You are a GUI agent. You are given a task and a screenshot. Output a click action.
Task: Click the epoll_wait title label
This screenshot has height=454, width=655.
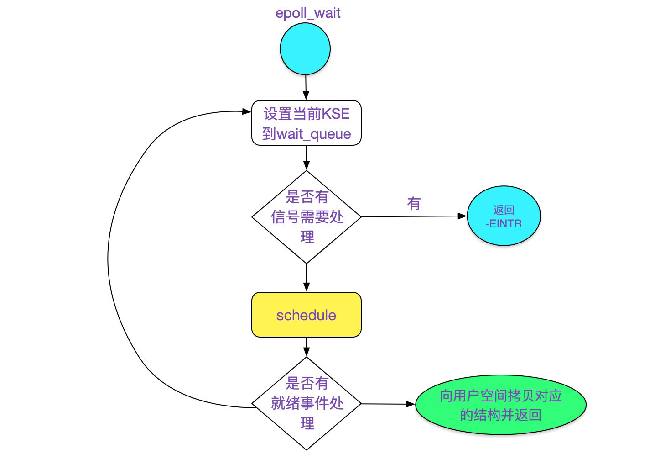point(307,13)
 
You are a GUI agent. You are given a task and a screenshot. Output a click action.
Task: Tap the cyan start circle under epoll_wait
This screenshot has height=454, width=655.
point(305,49)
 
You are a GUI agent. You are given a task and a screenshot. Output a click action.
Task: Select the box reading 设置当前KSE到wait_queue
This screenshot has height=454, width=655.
point(306,123)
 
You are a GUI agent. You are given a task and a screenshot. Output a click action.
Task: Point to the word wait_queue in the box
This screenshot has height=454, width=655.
point(314,134)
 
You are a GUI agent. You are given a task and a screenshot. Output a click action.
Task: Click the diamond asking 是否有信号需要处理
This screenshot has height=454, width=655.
point(307,217)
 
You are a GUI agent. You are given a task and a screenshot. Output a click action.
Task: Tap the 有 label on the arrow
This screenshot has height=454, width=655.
point(414,204)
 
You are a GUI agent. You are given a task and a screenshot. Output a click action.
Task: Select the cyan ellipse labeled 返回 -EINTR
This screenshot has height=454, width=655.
point(504,216)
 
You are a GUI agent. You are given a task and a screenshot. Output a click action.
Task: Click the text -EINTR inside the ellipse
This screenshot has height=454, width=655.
point(504,224)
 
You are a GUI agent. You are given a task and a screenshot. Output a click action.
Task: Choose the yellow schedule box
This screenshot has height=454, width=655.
point(306,315)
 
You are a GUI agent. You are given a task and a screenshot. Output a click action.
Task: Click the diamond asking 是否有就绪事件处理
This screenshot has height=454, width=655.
point(307,403)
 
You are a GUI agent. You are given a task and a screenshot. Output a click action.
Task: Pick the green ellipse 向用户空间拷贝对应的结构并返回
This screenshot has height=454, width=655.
point(500,405)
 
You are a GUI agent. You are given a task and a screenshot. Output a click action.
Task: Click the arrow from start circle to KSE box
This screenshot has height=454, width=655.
point(306,87)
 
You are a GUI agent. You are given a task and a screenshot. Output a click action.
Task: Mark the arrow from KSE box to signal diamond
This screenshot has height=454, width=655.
point(307,158)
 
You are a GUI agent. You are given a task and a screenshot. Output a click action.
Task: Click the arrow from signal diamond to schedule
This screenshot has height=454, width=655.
point(307,277)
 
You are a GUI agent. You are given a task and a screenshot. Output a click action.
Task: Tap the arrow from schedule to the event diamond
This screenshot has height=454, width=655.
point(307,347)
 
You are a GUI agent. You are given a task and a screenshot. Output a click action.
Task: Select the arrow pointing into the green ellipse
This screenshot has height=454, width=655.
point(388,404)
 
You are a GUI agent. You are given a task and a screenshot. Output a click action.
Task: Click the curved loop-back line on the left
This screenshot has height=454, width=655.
point(109,260)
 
